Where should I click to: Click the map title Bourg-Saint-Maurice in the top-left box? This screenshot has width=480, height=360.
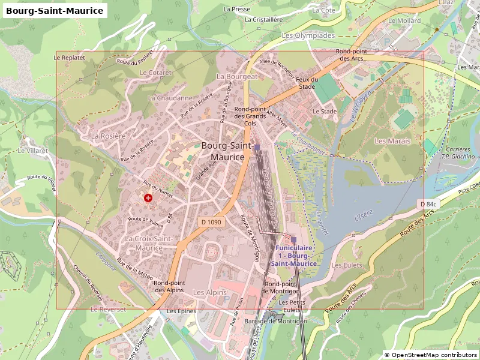pos(55,10)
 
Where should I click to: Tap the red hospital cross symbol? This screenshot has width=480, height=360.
pos(148,197)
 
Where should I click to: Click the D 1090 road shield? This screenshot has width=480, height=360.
pos(212,222)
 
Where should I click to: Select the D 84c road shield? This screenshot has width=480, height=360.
pos(428,205)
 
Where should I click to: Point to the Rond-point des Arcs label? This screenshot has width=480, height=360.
pos(352,55)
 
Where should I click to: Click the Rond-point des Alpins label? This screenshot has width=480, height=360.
pos(169,286)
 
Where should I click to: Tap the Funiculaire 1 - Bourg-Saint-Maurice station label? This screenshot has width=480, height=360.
pos(293,255)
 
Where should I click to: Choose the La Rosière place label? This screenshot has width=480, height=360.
pos(108,136)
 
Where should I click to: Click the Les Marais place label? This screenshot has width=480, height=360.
pos(392,141)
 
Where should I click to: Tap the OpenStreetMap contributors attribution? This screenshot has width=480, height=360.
pos(430,355)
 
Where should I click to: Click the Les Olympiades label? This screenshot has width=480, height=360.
pos(308,35)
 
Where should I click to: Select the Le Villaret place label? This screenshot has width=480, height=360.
pos(32,151)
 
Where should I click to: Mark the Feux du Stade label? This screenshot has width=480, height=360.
pos(306,83)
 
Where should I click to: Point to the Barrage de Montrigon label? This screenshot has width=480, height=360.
pos(275,321)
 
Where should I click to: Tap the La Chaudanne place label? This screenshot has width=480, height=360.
pos(170,98)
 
